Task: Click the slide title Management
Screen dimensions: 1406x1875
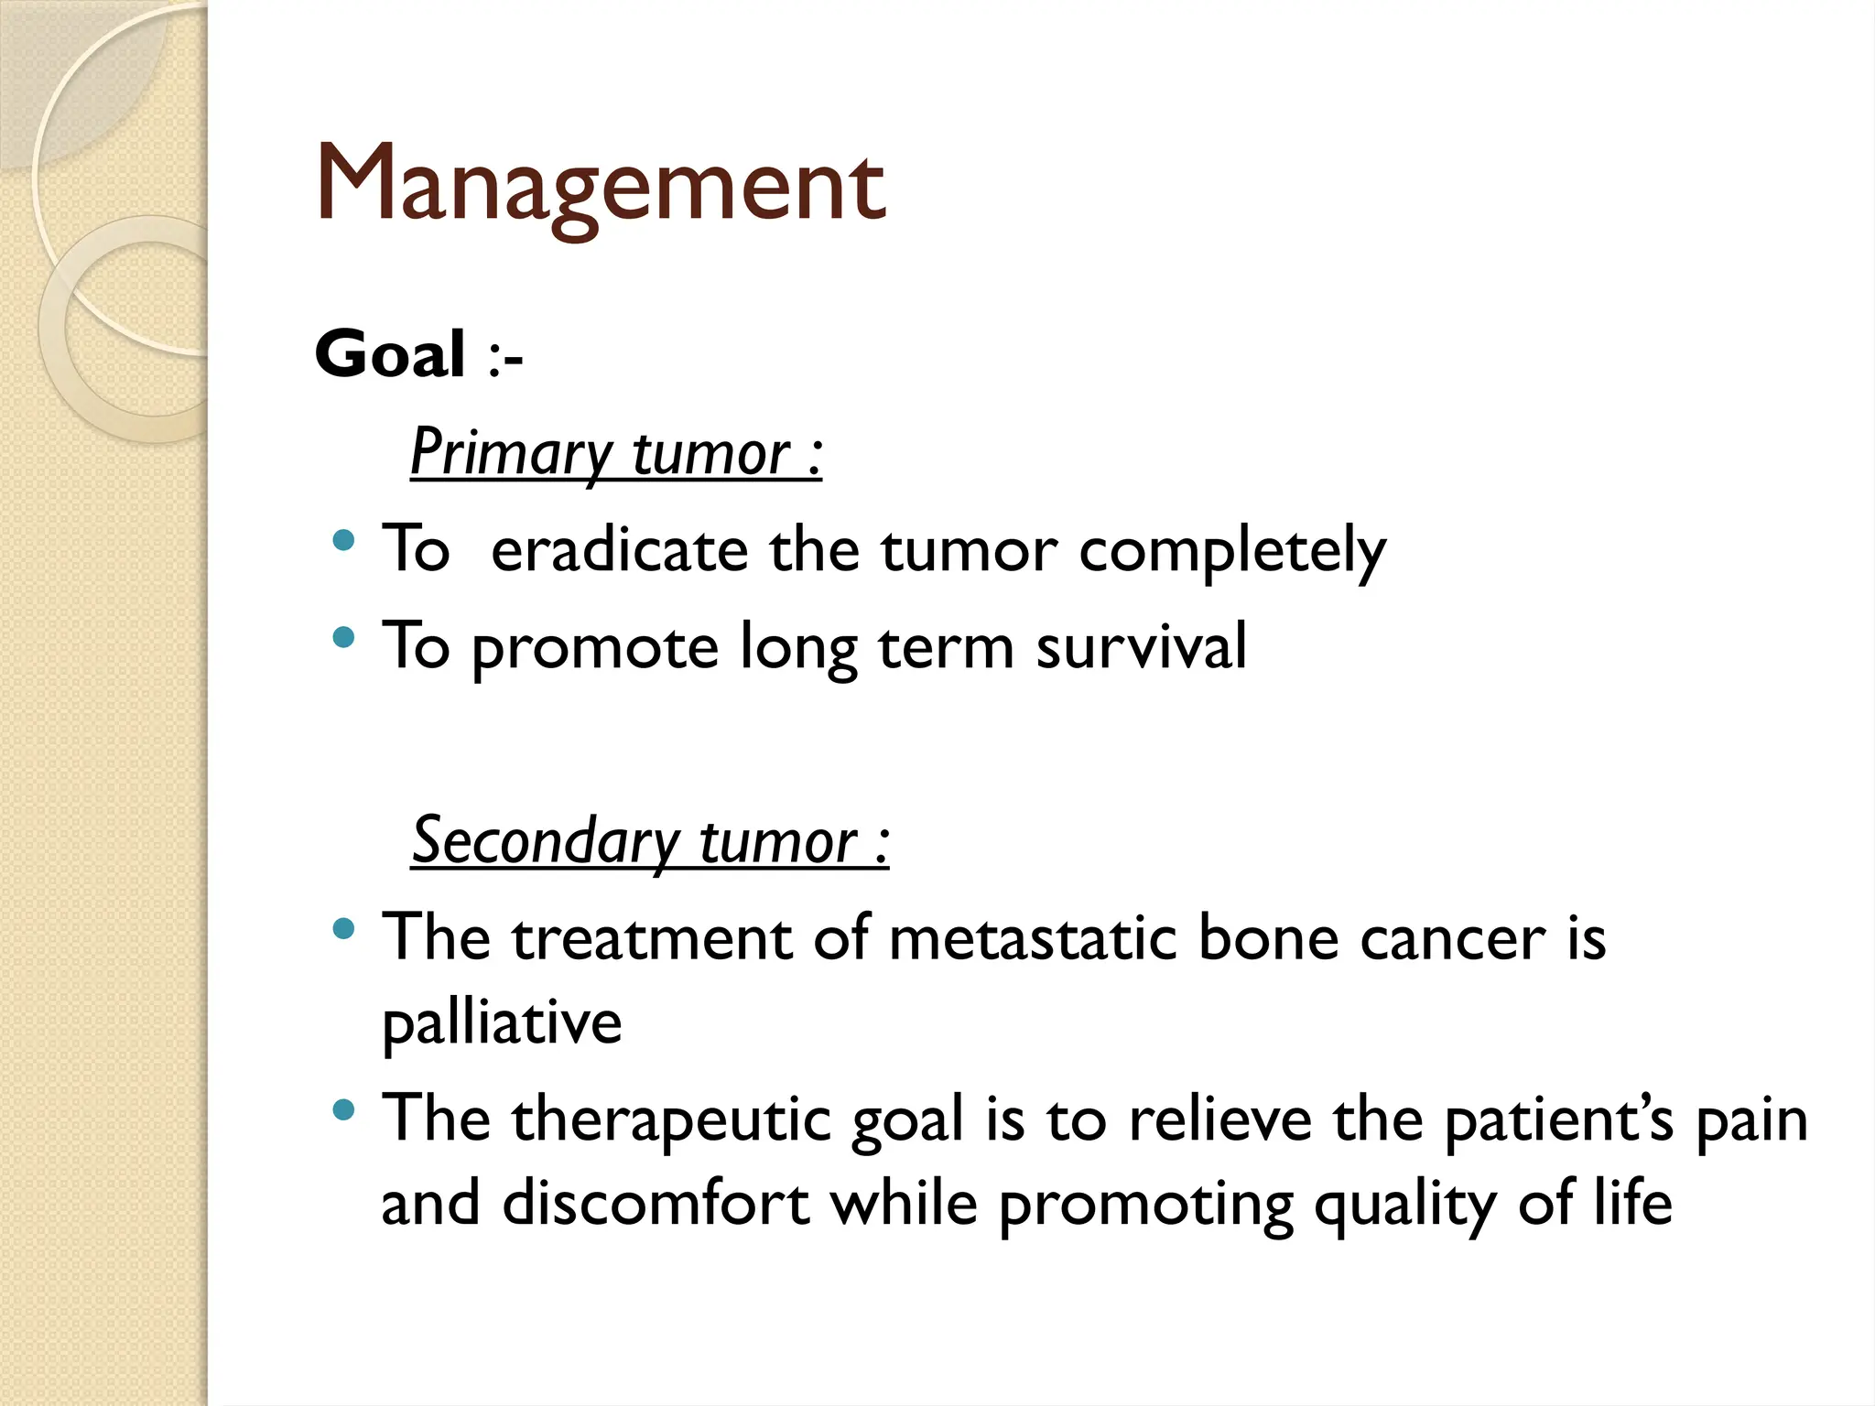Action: (x=601, y=186)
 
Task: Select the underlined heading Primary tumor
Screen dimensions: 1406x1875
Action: (x=615, y=453)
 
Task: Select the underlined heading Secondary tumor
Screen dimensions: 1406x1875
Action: (x=649, y=841)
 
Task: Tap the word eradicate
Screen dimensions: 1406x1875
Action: (x=620, y=550)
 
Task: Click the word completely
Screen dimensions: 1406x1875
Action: (x=1232, y=552)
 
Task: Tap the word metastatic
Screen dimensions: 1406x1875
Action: (x=1033, y=938)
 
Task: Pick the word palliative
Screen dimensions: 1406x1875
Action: (x=502, y=1023)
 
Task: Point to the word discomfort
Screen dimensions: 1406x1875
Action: (x=656, y=1203)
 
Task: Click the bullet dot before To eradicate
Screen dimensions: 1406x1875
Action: (x=344, y=541)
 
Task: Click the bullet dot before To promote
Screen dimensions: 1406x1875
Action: (x=344, y=637)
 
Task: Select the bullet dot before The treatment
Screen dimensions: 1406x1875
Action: (x=344, y=930)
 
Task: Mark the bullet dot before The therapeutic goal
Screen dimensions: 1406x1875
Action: (x=344, y=1111)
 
